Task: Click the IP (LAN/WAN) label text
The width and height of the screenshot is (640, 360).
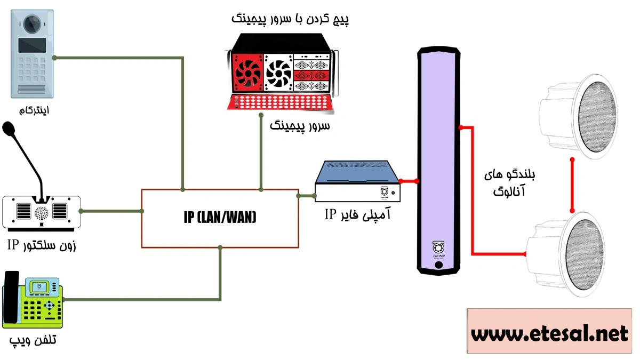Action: tap(220, 218)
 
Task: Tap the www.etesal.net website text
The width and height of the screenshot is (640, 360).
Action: tap(550, 334)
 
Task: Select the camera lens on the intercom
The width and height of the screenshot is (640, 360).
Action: tap(33, 23)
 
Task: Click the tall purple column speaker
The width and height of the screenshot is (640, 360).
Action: tap(439, 160)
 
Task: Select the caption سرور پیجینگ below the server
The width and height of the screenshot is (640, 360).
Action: tap(300, 126)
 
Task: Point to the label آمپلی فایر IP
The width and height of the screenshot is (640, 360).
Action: tap(358, 214)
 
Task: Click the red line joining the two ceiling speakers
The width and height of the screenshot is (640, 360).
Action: tap(572, 183)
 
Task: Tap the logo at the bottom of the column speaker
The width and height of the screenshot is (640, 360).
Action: tap(438, 248)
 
